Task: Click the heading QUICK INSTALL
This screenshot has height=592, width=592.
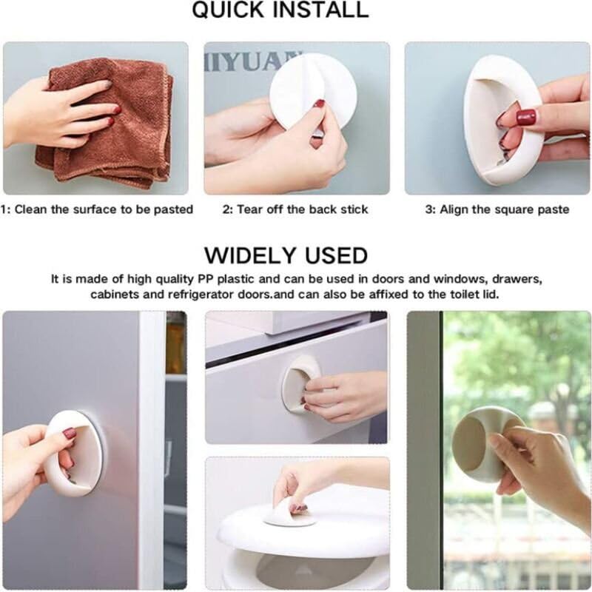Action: coord(280,10)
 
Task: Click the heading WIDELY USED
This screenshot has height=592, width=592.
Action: coord(286,255)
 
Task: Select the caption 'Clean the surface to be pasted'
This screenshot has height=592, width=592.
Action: coord(104,209)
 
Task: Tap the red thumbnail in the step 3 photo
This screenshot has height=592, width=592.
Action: coord(525,117)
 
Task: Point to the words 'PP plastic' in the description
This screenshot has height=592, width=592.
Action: coord(217,280)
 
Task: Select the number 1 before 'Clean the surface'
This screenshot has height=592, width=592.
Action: coord(4,209)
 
